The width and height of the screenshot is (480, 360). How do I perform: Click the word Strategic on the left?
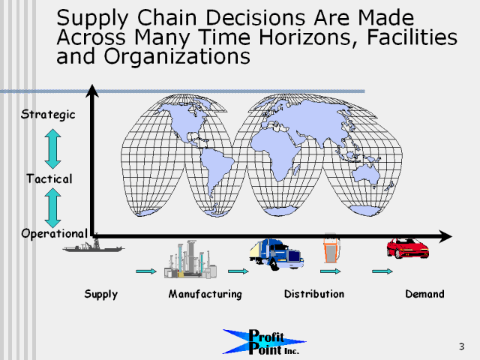[x=48, y=115]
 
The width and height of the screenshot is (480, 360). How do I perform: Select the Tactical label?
[x=49, y=178]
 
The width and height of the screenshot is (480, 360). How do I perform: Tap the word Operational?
[x=55, y=233]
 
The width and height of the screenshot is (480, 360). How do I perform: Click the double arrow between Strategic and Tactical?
[x=52, y=148]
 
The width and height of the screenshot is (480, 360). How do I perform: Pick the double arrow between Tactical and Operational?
[x=52, y=208]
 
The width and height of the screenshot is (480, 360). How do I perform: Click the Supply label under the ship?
[x=101, y=295]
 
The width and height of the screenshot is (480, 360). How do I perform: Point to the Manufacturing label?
[x=205, y=294]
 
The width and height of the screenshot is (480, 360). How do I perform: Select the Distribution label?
[x=314, y=294]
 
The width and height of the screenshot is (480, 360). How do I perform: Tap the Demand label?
[x=425, y=294]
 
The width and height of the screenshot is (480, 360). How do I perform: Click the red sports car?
[x=407, y=248]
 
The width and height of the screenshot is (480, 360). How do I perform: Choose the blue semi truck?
[x=277, y=254]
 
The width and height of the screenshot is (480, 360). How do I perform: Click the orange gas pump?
[x=331, y=248]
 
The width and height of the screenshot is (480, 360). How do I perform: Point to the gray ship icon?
[x=93, y=246]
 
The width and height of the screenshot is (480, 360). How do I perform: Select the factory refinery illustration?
[x=190, y=259]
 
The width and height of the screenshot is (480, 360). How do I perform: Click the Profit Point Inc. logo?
[x=265, y=342]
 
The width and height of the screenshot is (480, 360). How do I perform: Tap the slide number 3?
[x=462, y=346]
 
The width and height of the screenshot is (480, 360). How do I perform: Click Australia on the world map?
[x=366, y=174]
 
